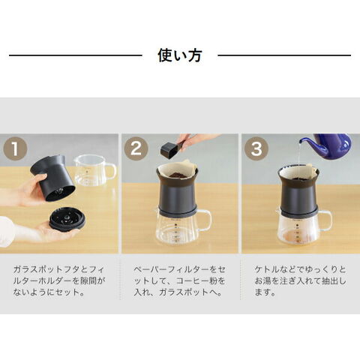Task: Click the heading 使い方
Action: coord(180,55)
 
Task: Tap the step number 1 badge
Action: coord(15,148)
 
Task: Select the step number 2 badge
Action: coord(136,148)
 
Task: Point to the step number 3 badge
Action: coord(256,148)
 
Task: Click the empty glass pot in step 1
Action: coord(95,170)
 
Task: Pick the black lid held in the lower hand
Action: coord(67,220)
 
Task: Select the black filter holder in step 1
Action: coord(53,178)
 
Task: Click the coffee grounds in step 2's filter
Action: coord(178,175)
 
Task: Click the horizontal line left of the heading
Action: coord(76,55)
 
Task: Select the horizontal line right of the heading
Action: coord(284,55)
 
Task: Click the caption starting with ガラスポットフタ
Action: coord(59,280)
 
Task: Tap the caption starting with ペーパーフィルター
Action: coord(179,280)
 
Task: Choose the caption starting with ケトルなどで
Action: coord(300,280)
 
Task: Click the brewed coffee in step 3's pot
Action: coord(297,236)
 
